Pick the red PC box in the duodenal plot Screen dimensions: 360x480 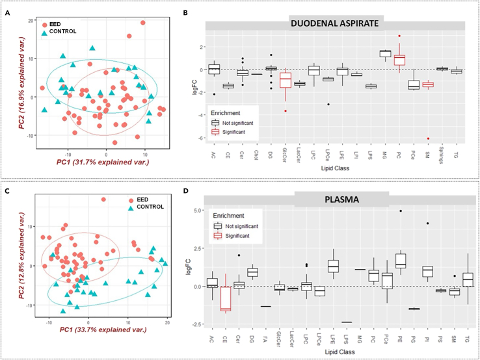point(399,59)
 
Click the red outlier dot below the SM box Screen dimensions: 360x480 point(428,138)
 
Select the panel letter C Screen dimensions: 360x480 point(8,192)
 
